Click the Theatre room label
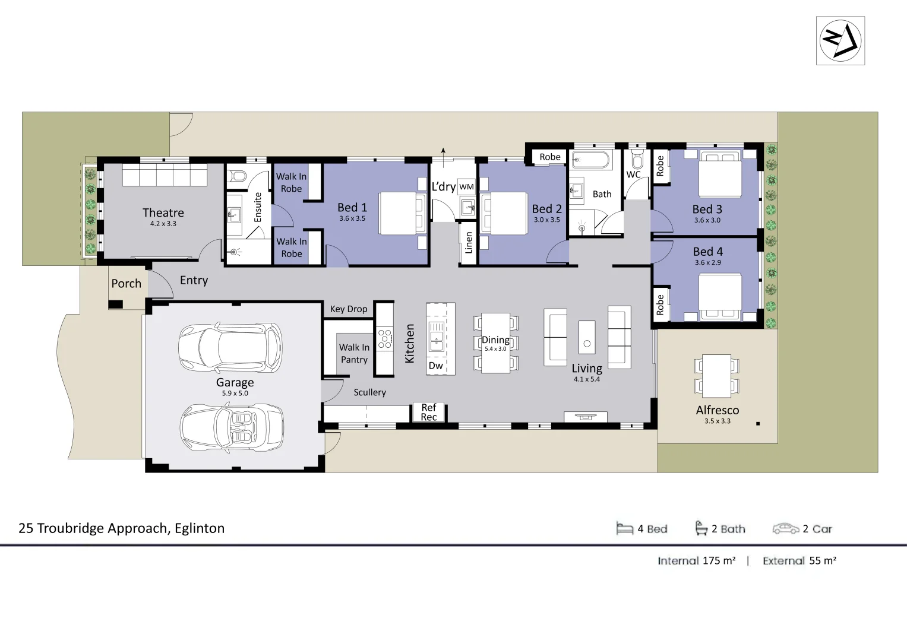pyautogui.click(x=163, y=212)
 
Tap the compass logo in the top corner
pyautogui.click(x=840, y=40)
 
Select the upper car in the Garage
pyautogui.click(x=230, y=348)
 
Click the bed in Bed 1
pyautogui.click(x=403, y=213)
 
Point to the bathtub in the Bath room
pyautogui.click(x=589, y=160)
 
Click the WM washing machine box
pyautogui.click(x=466, y=187)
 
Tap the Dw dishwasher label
pyautogui.click(x=435, y=366)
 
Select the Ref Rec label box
pyautogui.click(x=429, y=412)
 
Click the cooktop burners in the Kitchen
pyautogui.click(x=384, y=338)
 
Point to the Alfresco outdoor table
pyautogui.click(x=716, y=376)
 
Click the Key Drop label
pyautogui.click(x=349, y=309)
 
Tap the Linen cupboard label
pyautogui.click(x=469, y=242)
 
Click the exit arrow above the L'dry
pyautogui.click(x=443, y=153)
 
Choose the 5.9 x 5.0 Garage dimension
pyautogui.click(x=235, y=393)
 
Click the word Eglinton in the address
pyautogui.click(x=200, y=528)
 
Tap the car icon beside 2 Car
pyautogui.click(x=785, y=528)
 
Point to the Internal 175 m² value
pyautogui.click(x=719, y=560)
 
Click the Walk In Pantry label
pyautogui.click(x=354, y=353)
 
